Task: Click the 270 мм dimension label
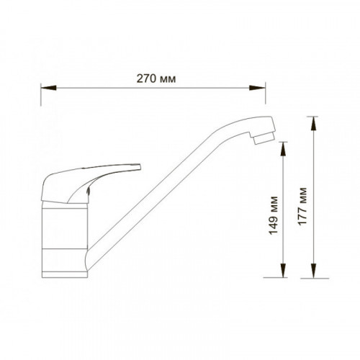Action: click(156, 78)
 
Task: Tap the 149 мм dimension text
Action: click(273, 215)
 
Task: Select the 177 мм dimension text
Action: click(302, 206)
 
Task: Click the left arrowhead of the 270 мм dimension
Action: click(48, 88)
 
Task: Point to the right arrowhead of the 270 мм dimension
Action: click(257, 88)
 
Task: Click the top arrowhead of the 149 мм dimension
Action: click(284, 150)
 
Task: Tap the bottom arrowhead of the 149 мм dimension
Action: click(284, 270)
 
